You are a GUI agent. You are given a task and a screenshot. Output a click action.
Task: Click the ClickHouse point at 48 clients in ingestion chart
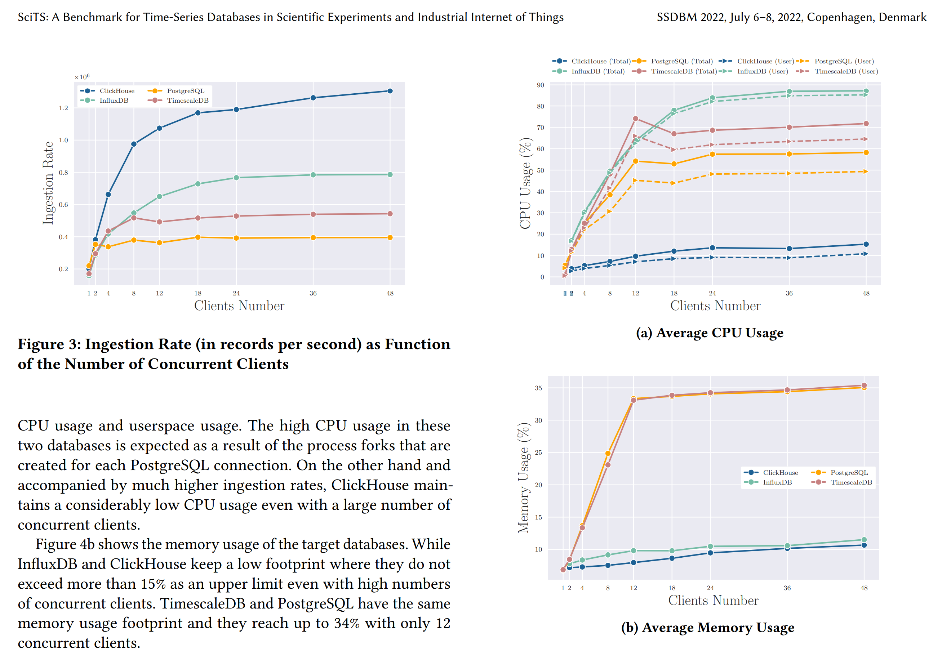[390, 91]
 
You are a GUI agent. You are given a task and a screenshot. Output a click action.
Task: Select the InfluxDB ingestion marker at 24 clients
[236, 178]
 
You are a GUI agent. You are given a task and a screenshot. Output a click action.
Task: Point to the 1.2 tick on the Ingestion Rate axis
[63, 108]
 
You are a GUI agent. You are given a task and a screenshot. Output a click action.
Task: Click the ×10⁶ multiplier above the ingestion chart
[82, 77]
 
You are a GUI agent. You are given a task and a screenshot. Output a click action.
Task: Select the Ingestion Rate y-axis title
[48, 183]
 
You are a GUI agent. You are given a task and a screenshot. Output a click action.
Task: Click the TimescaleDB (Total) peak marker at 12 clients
[635, 119]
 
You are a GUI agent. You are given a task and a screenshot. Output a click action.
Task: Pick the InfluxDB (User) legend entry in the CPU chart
[762, 71]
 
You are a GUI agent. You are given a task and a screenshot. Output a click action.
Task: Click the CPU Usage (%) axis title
[525, 183]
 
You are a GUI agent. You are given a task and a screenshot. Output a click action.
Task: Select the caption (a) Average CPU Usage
[710, 333]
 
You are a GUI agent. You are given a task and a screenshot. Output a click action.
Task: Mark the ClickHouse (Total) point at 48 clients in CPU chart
[866, 244]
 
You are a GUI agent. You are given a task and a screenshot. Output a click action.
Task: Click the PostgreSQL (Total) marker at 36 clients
[789, 154]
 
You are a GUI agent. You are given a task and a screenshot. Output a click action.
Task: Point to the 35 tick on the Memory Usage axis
[538, 388]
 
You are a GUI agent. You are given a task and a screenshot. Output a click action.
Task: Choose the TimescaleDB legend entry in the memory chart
[850, 482]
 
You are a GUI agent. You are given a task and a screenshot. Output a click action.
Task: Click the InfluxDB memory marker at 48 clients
[864, 540]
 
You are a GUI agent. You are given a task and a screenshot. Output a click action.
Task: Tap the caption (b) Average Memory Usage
[707, 627]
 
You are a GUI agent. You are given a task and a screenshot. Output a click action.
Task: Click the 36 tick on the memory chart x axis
[787, 588]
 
